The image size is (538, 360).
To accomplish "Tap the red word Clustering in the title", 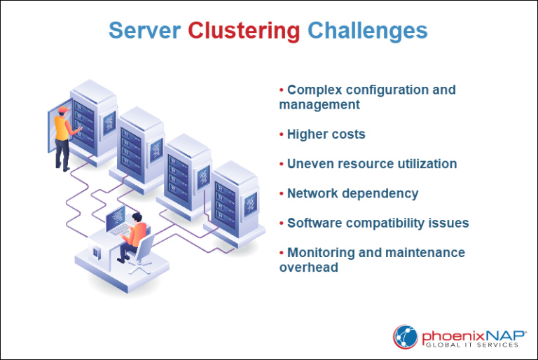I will tap(244, 31).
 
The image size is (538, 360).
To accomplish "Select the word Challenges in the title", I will tap(367, 31).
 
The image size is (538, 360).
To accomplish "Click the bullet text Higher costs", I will tap(326, 134).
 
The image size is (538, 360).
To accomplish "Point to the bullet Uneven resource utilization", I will tap(371, 164).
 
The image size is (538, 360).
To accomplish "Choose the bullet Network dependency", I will tap(352, 193).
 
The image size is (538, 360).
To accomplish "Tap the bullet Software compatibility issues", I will tap(378, 223).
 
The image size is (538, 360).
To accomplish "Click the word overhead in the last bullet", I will tap(309, 267).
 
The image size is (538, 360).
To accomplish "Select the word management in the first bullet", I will tap(319, 104).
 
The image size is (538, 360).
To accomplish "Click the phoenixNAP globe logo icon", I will tap(406, 336).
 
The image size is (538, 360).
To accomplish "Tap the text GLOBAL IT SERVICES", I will tap(474, 343).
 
